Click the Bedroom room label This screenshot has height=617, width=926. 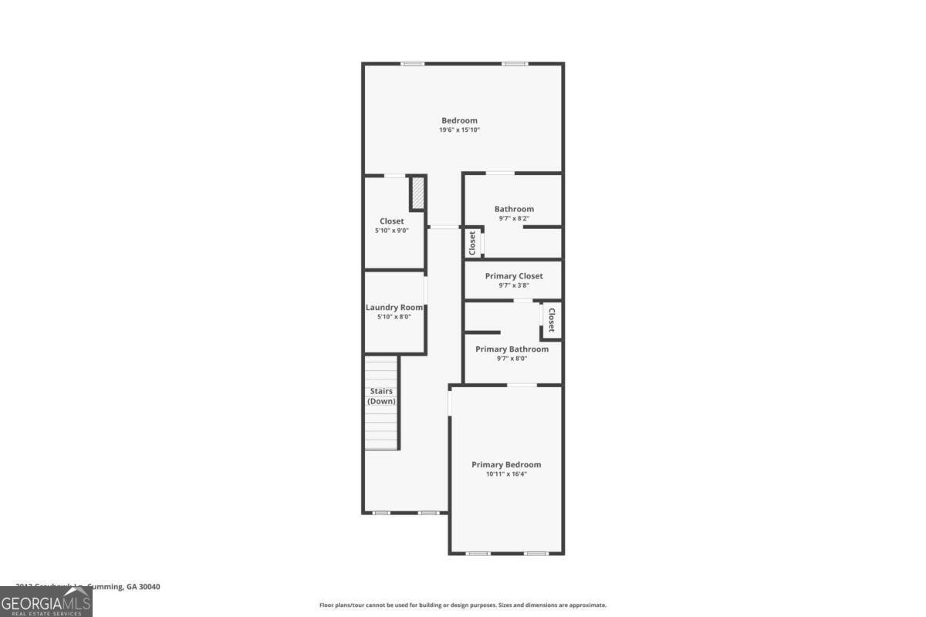pyautogui.click(x=459, y=120)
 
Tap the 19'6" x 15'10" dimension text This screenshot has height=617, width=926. pyautogui.click(x=459, y=130)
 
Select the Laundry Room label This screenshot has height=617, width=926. pyautogui.click(x=394, y=308)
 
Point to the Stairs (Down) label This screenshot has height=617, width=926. pyautogui.click(x=381, y=396)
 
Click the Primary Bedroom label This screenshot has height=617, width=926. pyautogui.click(x=506, y=464)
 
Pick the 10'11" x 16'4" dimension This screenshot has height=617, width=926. pyautogui.click(x=506, y=474)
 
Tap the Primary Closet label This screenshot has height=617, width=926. pyautogui.click(x=514, y=276)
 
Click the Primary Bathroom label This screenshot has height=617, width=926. pyautogui.click(x=512, y=349)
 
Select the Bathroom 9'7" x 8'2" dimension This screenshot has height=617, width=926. pyautogui.click(x=514, y=219)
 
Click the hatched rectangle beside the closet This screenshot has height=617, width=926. pyautogui.click(x=417, y=193)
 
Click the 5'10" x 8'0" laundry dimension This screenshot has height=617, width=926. pyautogui.click(x=394, y=317)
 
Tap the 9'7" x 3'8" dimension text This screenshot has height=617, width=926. pyautogui.click(x=514, y=285)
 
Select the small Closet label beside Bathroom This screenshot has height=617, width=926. pyautogui.click(x=472, y=243)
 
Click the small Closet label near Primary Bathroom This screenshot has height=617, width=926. pyautogui.click(x=552, y=320)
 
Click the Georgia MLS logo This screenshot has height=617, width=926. pyautogui.click(x=46, y=602)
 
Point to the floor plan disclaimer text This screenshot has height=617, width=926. pyautogui.click(x=463, y=605)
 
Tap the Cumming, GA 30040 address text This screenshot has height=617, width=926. pyautogui.click(x=123, y=587)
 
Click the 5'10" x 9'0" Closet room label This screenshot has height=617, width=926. pyautogui.click(x=392, y=221)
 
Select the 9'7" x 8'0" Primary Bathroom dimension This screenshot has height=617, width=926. pyautogui.click(x=512, y=359)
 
